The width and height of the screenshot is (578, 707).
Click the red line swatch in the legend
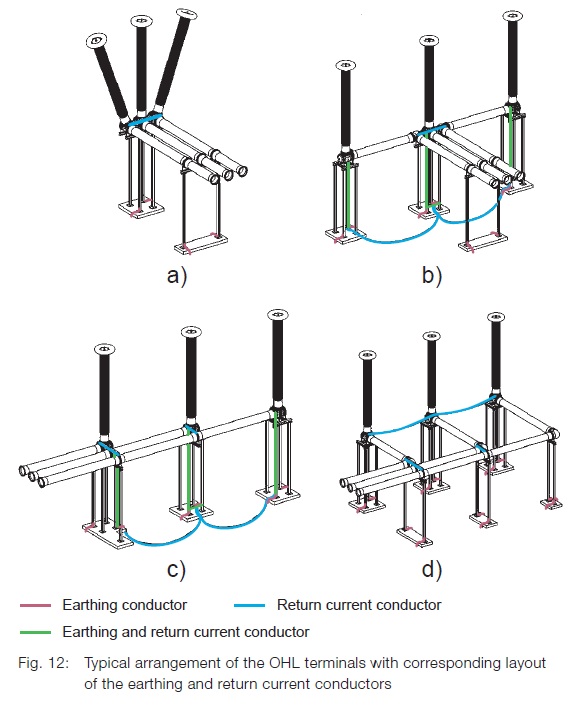(34, 605)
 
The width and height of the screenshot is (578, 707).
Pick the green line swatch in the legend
(34, 632)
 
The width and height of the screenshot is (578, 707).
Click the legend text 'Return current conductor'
(358, 605)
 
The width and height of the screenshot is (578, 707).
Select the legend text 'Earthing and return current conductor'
(185, 632)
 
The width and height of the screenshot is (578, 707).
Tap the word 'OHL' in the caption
(277, 663)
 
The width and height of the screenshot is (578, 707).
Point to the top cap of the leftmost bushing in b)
(344, 64)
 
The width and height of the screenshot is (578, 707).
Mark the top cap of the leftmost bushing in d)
(367, 354)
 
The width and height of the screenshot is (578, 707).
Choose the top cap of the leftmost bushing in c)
(103, 349)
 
